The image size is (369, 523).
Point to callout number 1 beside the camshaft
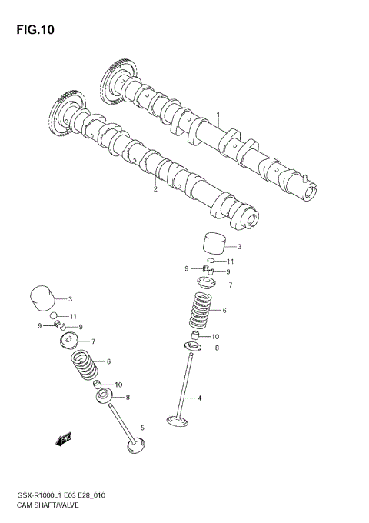(218, 116)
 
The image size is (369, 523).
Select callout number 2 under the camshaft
(155, 188)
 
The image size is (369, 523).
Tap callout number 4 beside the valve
(199, 398)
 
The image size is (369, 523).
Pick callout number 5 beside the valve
(142, 428)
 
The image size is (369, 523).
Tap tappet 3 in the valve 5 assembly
(43, 298)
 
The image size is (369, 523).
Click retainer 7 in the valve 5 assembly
(73, 341)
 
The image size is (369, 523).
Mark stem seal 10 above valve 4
(198, 337)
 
